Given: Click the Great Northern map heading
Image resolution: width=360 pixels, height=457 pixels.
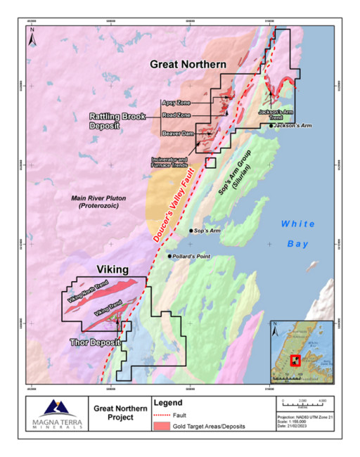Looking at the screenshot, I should (x=188, y=65).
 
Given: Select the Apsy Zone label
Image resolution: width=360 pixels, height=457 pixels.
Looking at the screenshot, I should (x=174, y=102).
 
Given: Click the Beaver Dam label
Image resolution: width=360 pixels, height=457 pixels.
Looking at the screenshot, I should (x=176, y=131).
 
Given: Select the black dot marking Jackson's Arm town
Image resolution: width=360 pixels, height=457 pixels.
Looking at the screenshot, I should (x=271, y=126).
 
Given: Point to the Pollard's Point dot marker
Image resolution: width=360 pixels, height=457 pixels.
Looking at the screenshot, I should (x=169, y=256).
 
